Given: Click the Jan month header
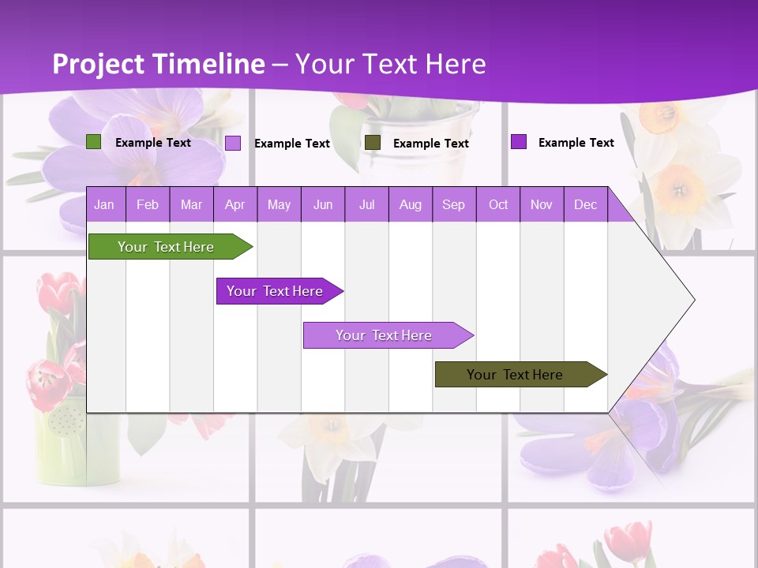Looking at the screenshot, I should coord(105,204).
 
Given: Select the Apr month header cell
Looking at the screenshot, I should coord(235,204).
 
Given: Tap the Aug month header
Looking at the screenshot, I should coord(411,204).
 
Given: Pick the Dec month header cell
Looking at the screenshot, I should coord(586,204).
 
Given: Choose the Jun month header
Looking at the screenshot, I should coord(323,204).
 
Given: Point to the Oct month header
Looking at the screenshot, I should coord(498,204).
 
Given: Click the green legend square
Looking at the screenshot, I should coord(93,142).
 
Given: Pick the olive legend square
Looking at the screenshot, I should coord(373,143).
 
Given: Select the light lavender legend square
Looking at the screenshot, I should coord(233,143).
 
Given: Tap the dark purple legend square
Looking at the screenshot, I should coord(518,142).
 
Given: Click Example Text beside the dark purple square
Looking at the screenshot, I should coord(576,142).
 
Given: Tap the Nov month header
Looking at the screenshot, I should coord(542,204).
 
